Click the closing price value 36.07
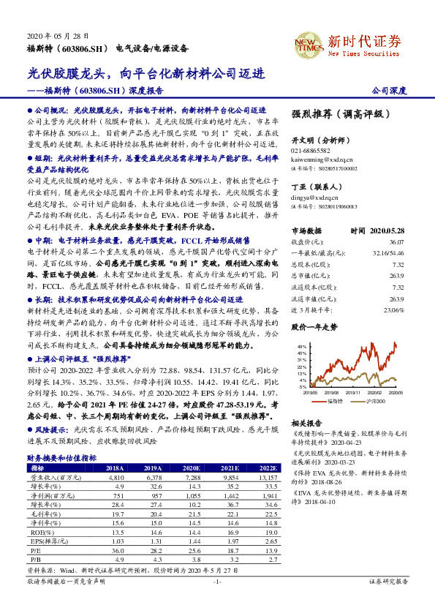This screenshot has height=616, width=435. point(396,239)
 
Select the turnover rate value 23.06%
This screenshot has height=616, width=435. point(393,309)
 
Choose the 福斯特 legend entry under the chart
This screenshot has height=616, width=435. point(335,401)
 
